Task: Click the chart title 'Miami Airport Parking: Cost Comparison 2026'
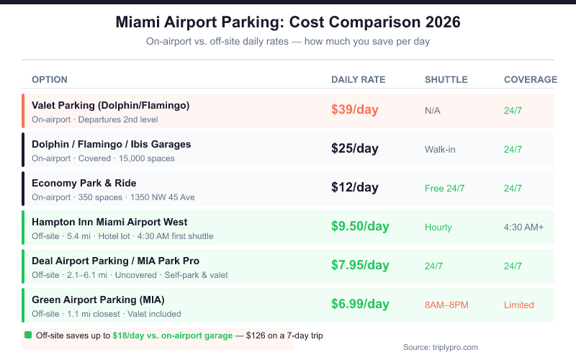288,22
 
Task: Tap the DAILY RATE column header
358,79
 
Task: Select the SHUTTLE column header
446,79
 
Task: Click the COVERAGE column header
530,79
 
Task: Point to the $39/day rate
354,110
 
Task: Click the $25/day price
354,149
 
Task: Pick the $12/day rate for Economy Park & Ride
354,188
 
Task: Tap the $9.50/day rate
360,227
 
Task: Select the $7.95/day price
360,266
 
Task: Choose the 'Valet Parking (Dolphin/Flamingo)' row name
110,105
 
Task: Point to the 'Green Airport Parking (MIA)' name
99,300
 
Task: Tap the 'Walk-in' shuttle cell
441,150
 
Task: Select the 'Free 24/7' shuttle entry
444,189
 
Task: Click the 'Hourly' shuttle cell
438,228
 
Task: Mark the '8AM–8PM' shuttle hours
446,305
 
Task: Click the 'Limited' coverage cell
518,305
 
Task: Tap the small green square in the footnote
28,335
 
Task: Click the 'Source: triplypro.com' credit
440,347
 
